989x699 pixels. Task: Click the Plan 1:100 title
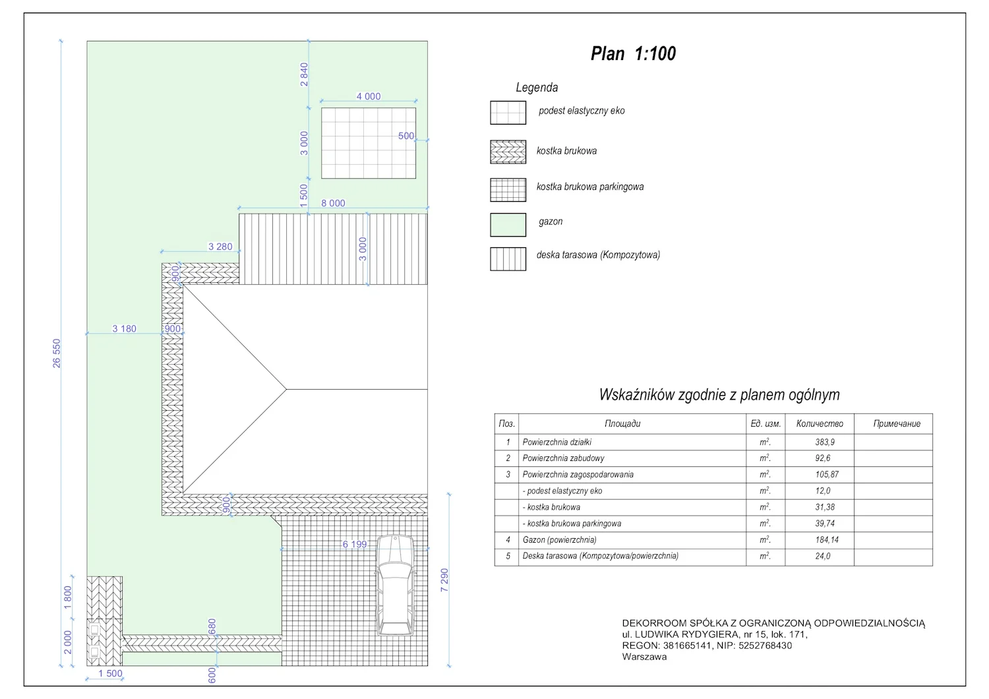click(633, 54)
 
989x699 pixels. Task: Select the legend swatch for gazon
click(508, 225)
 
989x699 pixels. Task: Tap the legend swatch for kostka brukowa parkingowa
click(508, 190)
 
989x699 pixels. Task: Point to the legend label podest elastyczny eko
click(582, 110)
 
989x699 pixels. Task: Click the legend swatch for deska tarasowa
click(508, 258)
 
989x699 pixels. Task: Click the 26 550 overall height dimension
click(57, 353)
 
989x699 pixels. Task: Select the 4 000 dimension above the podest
click(368, 96)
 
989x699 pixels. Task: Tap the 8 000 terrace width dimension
click(333, 203)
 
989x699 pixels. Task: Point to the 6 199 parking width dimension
click(355, 544)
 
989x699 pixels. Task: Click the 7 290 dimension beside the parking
click(444, 580)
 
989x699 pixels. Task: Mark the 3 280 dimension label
click(220, 247)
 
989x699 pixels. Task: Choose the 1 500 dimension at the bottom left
click(110, 673)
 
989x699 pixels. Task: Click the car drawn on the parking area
click(395, 586)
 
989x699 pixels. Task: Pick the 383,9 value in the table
click(825, 442)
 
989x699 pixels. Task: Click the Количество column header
click(820, 424)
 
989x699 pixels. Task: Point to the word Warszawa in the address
click(644, 657)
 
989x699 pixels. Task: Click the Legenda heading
click(537, 88)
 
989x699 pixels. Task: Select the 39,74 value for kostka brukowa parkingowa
click(825, 523)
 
